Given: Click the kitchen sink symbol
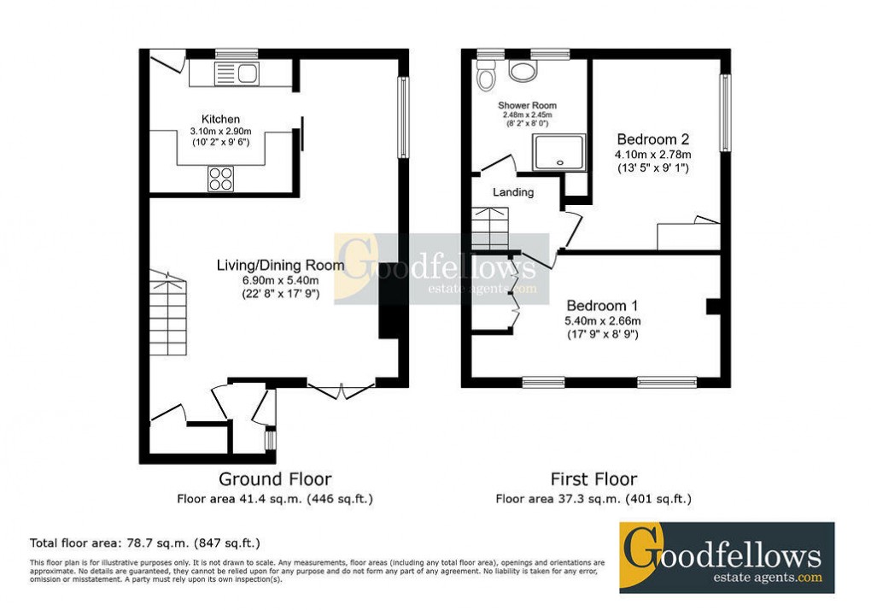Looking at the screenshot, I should pos(237,73).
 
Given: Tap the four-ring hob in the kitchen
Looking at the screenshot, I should pos(220,179).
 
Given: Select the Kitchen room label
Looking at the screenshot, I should pos(220,119).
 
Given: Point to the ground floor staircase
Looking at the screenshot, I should pos(167,313).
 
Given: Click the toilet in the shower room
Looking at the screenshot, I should pos(487,79).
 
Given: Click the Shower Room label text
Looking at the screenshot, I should pos(526,106).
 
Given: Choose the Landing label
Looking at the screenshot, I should pos(513,192).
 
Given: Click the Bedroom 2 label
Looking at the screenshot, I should pos(653,139).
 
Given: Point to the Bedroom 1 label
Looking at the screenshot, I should pos(603,305).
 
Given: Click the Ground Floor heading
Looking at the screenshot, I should pos(275,479).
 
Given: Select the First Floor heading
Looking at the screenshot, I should pos(593,479).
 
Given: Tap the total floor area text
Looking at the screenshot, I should pos(145,543).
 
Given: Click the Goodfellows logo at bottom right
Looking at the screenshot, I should pos(726,557).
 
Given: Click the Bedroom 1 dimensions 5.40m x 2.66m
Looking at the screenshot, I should pos(603,320).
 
